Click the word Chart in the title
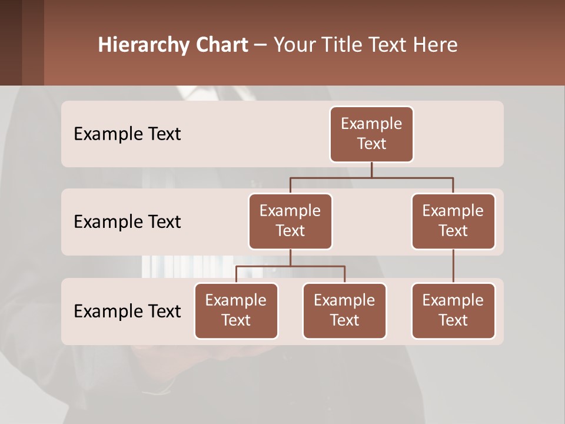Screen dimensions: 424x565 (x=221, y=45)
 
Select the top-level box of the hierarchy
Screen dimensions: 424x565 (x=371, y=134)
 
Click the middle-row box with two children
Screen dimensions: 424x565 (x=290, y=221)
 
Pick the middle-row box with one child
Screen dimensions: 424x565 (x=453, y=221)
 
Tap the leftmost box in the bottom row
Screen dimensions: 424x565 (x=236, y=310)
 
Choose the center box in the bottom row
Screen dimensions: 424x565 (x=344, y=310)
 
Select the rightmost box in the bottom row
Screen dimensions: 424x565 (x=453, y=310)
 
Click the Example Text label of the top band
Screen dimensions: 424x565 (x=127, y=134)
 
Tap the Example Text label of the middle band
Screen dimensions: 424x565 (x=127, y=222)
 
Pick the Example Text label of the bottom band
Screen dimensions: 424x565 (x=127, y=311)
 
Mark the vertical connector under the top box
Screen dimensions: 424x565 (x=371, y=170)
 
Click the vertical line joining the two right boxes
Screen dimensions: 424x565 (x=453, y=266)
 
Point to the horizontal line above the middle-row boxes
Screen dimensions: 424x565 (x=371, y=177)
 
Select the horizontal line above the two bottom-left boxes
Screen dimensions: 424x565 (x=290, y=266)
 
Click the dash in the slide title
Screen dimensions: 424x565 (x=261, y=45)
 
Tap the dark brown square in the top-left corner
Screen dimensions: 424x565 (x=11, y=42)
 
